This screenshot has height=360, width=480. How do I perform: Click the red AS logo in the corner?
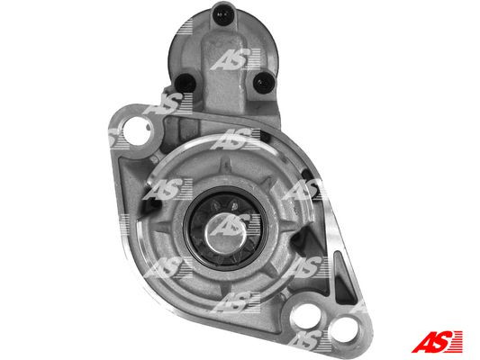pyautogui.click(x=437, y=342)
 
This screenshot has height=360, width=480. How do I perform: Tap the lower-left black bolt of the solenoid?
pyautogui.click(x=186, y=82)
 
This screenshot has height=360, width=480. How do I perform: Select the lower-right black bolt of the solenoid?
pyautogui.click(x=264, y=83)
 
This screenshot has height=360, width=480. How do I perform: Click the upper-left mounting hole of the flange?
pyautogui.click(x=137, y=130)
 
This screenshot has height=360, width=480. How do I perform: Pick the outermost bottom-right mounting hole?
pyautogui.click(x=345, y=331)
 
